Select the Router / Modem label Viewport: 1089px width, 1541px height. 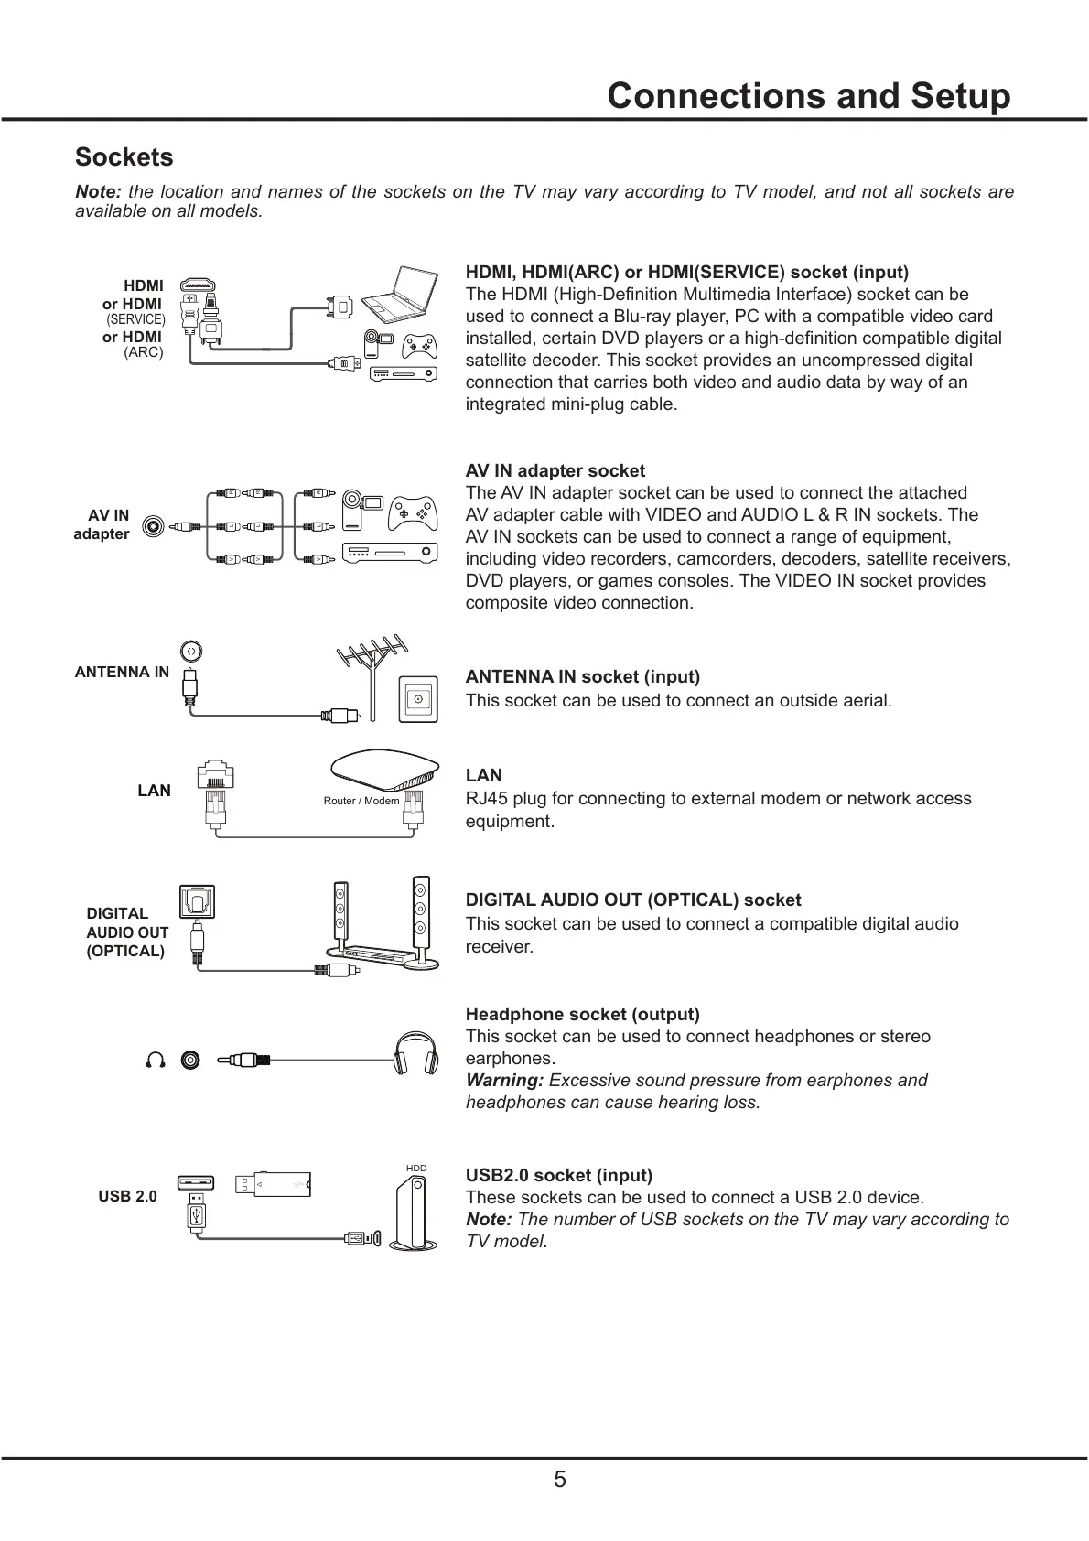click(x=361, y=801)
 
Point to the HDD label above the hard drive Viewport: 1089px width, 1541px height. click(x=416, y=1169)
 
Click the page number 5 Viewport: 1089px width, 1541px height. click(x=559, y=1480)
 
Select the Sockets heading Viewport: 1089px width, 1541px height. click(x=124, y=157)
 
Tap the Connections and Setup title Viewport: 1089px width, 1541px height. click(x=809, y=96)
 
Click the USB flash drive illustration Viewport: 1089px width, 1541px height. click(x=273, y=1184)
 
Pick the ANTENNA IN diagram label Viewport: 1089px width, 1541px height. click(x=122, y=672)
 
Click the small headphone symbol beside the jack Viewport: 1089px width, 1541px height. click(x=156, y=1060)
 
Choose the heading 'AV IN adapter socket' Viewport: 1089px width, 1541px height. click(x=555, y=470)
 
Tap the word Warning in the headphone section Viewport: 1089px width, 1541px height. click(x=504, y=1080)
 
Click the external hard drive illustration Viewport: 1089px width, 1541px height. click(x=411, y=1213)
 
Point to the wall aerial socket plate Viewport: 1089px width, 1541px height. click(x=418, y=700)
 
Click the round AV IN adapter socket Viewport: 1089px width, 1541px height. click(x=154, y=526)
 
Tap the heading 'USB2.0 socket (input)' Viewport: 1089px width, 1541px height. click(x=559, y=1175)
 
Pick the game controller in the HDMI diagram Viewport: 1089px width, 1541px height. click(x=420, y=345)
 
